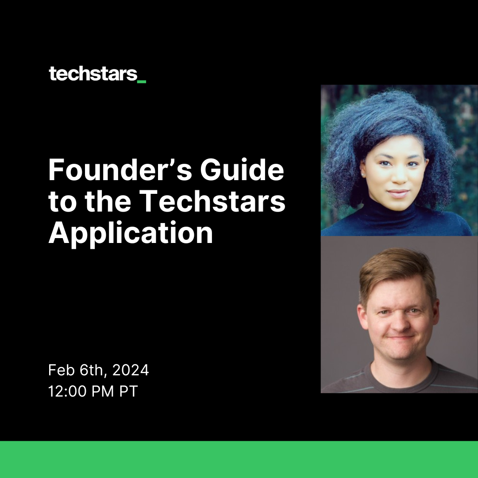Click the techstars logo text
(x=93, y=74)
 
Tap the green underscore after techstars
(x=142, y=82)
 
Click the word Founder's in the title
(x=120, y=170)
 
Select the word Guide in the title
(x=242, y=170)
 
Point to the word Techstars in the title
(x=214, y=201)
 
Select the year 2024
(x=131, y=370)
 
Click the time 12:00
(x=67, y=391)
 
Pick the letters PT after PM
(x=128, y=391)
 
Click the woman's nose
(x=399, y=176)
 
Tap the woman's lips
(x=398, y=193)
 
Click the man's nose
(x=400, y=324)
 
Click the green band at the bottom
(x=239, y=459)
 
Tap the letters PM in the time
(x=103, y=391)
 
